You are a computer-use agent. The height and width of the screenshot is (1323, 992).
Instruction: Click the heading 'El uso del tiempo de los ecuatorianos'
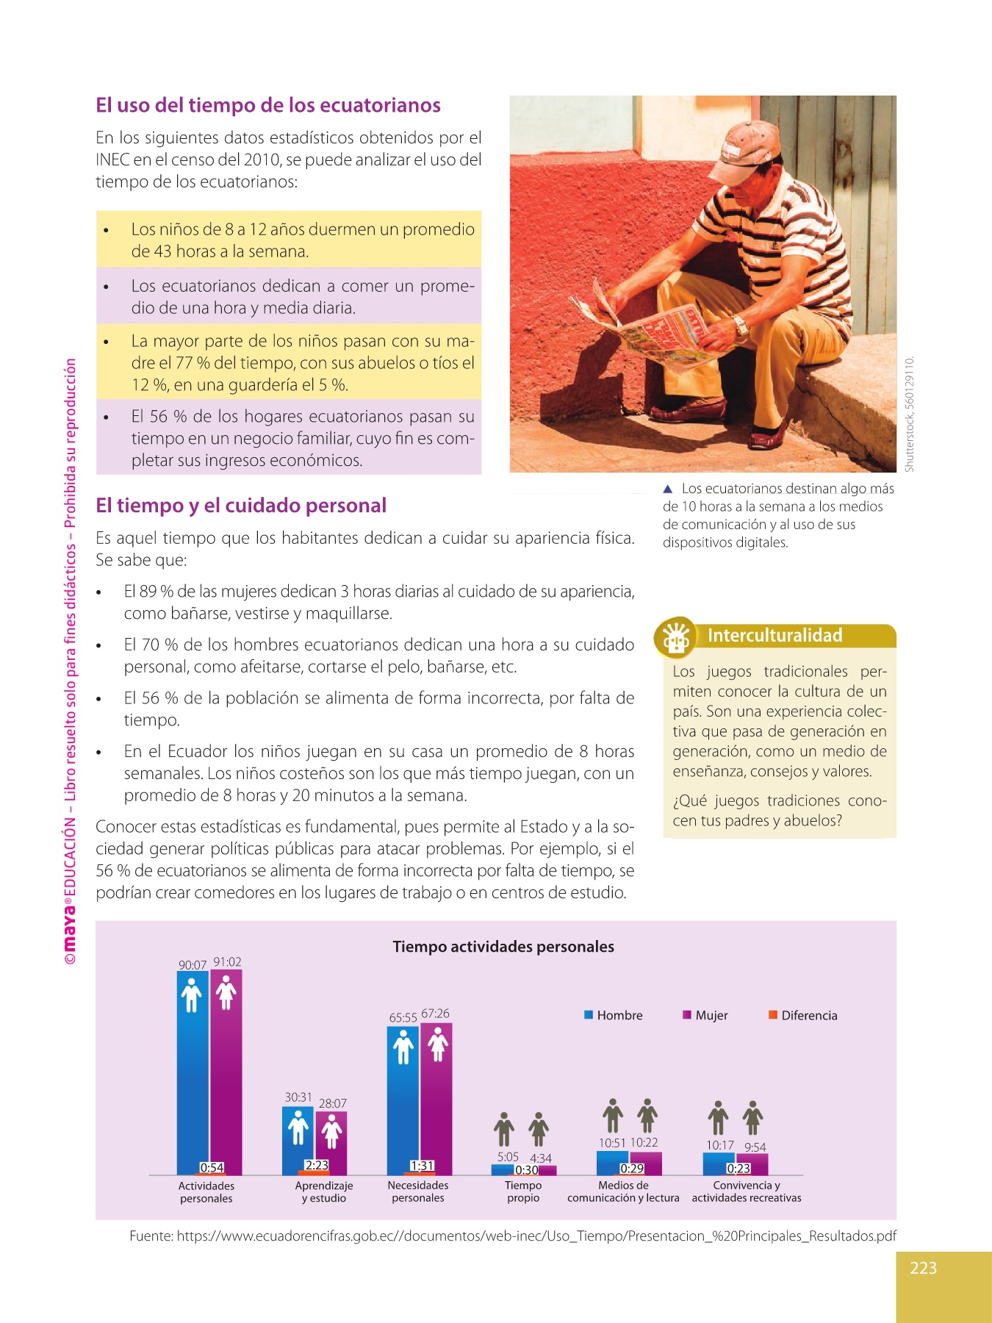(x=268, y=105)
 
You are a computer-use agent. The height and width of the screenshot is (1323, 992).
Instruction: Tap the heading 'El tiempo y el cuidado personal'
(x=241, y=506)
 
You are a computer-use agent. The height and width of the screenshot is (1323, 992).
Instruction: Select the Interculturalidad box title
(x=774, y=636)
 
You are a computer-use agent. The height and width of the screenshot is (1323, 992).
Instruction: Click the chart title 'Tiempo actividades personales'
(x=503, y=947)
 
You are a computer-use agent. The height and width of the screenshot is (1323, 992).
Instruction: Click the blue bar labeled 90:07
(x=193, y=1073)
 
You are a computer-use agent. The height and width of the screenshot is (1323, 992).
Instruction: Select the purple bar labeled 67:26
(x=436, y=1095)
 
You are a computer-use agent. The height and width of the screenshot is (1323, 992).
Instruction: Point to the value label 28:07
(x=333, y=1103)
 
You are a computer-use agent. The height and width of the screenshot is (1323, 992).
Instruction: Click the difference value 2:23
(x=317, y=1165)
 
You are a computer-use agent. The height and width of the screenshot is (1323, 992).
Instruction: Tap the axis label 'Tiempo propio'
(x=523, y=1191)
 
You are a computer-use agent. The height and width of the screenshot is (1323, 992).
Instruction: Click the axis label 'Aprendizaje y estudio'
(x=324, y=1191)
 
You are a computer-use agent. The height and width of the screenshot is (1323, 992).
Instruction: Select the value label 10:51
(x=612, y=1143)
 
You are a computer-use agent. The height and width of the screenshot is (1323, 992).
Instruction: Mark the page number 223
(x=923, y=1268)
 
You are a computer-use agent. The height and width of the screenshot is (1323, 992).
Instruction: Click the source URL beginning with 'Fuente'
(x=513, y=1236)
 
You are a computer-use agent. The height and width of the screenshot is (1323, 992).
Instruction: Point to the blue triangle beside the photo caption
(x=668, y=489)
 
